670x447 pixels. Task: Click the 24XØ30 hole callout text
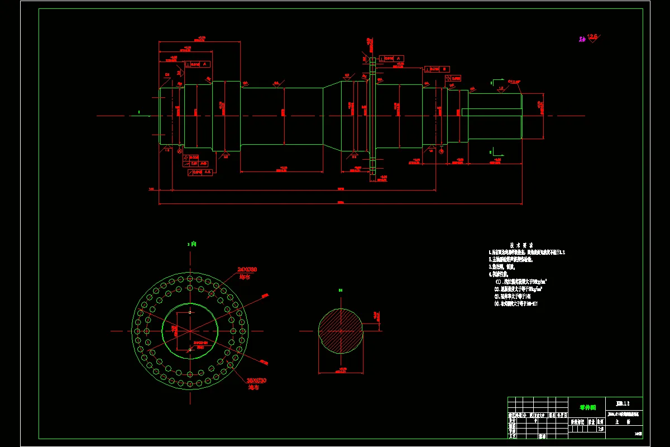pos(247,269)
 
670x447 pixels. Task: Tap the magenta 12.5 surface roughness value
pos(592,36)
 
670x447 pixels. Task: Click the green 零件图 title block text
pos(588,407)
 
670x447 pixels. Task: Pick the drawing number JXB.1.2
pos(623,403)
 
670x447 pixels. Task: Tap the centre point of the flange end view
pos(190,331)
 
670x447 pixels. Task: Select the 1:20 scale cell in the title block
pos(601,429)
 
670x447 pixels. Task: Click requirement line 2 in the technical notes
pos(511,260)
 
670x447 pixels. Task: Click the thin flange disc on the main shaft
pos(372,116)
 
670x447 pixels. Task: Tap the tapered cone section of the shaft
pos(333,116)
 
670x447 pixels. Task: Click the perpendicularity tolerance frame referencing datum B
pos(437,69)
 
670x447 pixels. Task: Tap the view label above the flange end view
pos(192,244)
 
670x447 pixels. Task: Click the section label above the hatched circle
pos(340,290)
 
